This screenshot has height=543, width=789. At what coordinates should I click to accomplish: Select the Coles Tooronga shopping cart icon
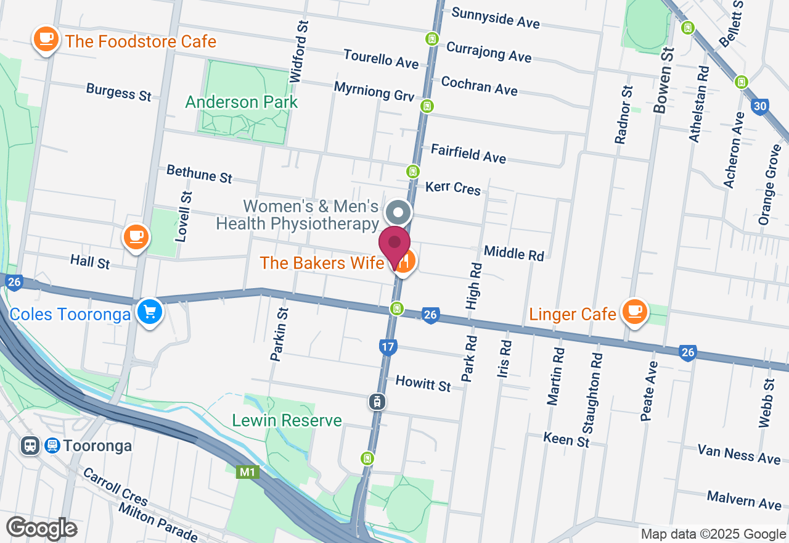pyautogui.click(x=149, y=311)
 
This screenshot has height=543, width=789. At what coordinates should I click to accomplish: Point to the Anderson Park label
pyautogui.click(x=242, y=102)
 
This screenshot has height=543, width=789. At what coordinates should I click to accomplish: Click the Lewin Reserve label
pyautogui.click(x=287, y=421)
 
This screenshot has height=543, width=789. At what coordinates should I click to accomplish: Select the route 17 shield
pyautogui.click(x=387, y=347)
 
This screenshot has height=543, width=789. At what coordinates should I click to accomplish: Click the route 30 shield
pyautogui.click(x=759, y=106)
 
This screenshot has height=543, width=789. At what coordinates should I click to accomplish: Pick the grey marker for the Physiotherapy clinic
pyautogui.click(x=398, y=213)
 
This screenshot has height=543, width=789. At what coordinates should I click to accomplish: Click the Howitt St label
pyautogui.click(x=423, y=383)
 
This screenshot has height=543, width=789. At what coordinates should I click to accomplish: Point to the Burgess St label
pyautogui.click(x=118, y=92)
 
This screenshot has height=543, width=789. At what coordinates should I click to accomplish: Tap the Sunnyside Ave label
pyautogui.click(x=496, y=18)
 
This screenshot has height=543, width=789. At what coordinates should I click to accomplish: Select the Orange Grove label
pyautogui.click(x=767, y=184)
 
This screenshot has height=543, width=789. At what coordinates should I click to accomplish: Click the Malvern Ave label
pyautogui.click(x=744, y=500)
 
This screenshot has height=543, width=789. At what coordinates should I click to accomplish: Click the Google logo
pyautogui.click(x=41, y=529)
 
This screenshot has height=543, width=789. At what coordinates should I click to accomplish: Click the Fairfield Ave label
pyautogui.click(x=468, y=153)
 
